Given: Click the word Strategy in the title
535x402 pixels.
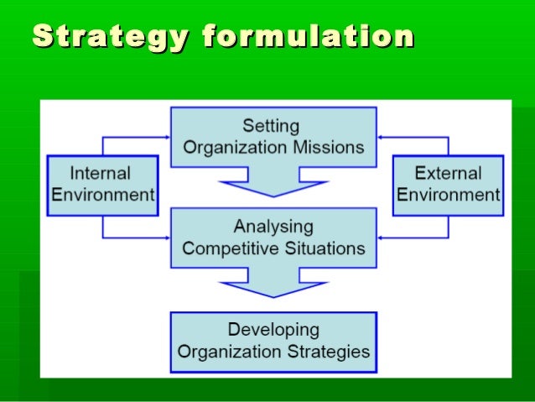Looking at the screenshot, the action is pos(101,37).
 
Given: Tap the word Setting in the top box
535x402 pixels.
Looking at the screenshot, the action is pos(271,126).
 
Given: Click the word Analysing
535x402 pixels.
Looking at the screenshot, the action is pos(273,227).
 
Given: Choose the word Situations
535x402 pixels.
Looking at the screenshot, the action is pos(323,248).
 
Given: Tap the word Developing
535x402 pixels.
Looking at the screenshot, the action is pos(273,329).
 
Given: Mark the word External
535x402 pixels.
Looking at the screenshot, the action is pos(449,174).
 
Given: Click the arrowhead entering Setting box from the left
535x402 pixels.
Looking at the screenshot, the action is pos(167,137).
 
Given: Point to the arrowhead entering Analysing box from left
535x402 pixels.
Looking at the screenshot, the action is pos(167,238).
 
